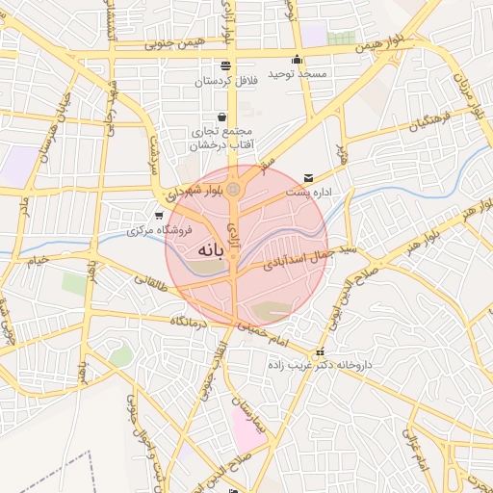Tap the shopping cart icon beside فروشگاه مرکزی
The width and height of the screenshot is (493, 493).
click(159, 216)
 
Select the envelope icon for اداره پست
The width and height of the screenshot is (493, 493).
click(308, 177)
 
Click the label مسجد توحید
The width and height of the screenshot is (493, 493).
click(298, 74)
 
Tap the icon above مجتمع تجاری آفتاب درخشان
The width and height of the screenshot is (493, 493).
click(222, 117)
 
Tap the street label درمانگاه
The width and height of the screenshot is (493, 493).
click(190, 321)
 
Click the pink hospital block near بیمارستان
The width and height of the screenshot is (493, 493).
click(246, 429)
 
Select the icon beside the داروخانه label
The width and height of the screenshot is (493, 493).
click(320, 351)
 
